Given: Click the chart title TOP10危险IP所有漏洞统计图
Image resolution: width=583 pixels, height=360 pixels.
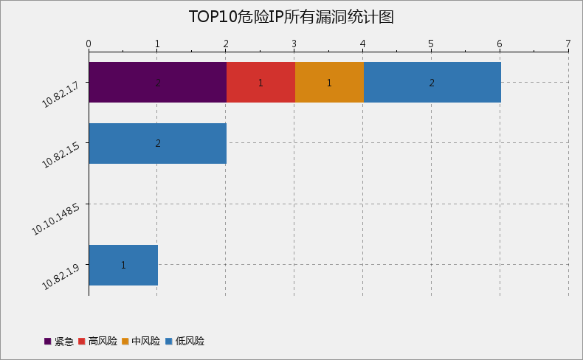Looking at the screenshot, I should [291, 17].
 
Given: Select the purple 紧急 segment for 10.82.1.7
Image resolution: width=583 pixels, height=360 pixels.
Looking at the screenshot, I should [157, 82].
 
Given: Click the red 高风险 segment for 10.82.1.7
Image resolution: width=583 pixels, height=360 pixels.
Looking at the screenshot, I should [261, 82].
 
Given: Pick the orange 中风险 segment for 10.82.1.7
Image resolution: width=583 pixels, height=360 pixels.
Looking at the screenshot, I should [329, 82].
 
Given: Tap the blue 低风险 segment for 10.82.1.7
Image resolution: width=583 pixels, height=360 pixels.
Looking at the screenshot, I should [432, 82].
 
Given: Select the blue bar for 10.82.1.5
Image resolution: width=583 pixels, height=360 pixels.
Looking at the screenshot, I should [157, 143].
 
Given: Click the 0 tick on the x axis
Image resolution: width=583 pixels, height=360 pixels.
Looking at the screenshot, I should [89, 44].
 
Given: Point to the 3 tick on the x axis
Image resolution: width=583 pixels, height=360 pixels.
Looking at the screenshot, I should [294, 44].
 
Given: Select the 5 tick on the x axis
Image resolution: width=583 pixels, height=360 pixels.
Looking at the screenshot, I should [431, 44].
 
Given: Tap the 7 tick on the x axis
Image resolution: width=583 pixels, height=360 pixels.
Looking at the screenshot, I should [568, 44].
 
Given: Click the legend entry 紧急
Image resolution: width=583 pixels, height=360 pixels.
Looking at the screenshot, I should [59, 342].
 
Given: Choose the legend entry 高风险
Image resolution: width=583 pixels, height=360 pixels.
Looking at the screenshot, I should [97, 342].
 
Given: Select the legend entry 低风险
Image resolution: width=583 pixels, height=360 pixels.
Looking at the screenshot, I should [184, 342].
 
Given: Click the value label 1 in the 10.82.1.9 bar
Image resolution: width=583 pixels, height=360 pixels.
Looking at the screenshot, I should [123, 265].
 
